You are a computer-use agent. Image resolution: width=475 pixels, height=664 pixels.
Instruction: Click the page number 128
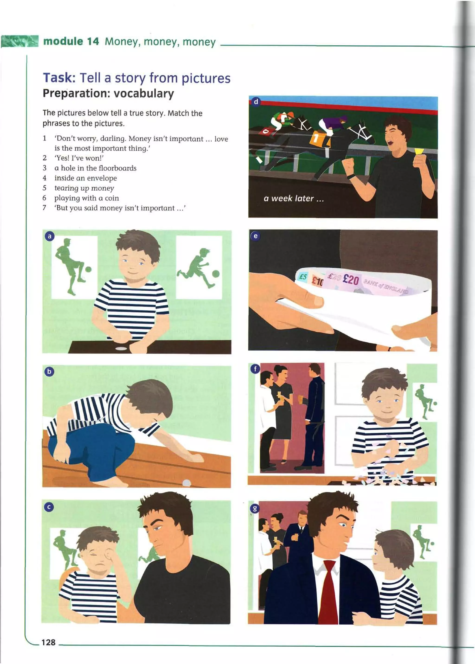point(48,642)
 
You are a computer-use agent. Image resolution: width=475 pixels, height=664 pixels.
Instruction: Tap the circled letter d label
point(256,102)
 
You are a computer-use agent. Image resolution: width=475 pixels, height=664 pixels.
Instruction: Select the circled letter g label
point(255,509)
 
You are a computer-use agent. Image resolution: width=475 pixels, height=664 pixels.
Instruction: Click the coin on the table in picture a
point(121,348)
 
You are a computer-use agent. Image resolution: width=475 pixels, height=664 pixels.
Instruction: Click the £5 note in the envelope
point(303,276)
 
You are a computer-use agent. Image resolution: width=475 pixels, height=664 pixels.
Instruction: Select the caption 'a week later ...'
point(294,198)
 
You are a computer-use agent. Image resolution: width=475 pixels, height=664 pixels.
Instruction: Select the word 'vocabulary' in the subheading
point(144,94)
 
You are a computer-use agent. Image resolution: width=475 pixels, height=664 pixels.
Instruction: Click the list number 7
point(45,208)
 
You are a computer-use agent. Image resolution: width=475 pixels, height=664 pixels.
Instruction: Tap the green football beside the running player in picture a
point(216,273)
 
